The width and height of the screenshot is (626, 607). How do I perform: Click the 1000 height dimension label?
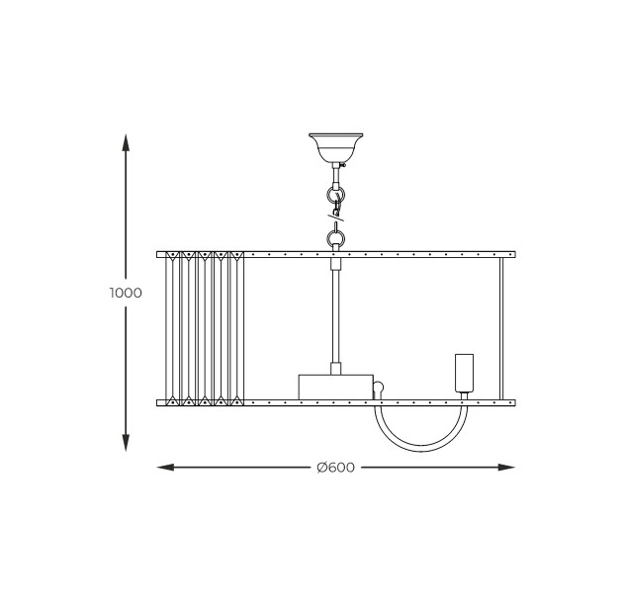point(126,293)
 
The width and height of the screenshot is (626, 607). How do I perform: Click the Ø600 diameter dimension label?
point(336,468)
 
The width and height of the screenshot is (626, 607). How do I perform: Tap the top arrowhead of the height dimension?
point(126,142)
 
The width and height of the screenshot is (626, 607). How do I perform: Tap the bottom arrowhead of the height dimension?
point(126,443)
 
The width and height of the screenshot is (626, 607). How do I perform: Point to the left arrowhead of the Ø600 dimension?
point(165,468)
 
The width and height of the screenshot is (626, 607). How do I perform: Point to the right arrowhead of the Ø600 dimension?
point(506,468)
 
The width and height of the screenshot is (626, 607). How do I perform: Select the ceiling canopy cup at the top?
point(336,147)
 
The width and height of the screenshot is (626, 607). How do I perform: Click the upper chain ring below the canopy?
point(336,196)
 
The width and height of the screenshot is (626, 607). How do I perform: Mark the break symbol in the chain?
point(336,217)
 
